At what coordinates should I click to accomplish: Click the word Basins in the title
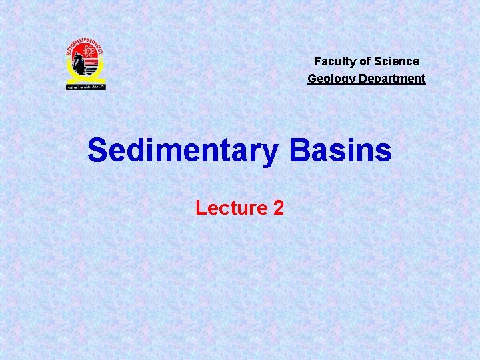click(x=340, y=151)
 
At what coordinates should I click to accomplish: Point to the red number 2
click(x=279, y=208)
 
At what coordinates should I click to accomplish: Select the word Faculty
click(x=335, y=61)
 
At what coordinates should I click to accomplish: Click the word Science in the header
click(x=397, y=61)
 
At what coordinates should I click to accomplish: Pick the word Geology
click(x=329, y=79)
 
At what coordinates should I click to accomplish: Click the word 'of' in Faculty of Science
click(x=365, y=61)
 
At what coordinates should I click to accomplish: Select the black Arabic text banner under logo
click(x=85, y=86)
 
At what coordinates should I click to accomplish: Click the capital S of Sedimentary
click(x=97, y=151)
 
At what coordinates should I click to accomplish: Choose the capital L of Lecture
click(x=200, y=208)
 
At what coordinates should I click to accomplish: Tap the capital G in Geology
click(x=312, y=79)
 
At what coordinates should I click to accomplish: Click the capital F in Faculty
click(x=317, y=61)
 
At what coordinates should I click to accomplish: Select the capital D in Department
click(x=359, y=79)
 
